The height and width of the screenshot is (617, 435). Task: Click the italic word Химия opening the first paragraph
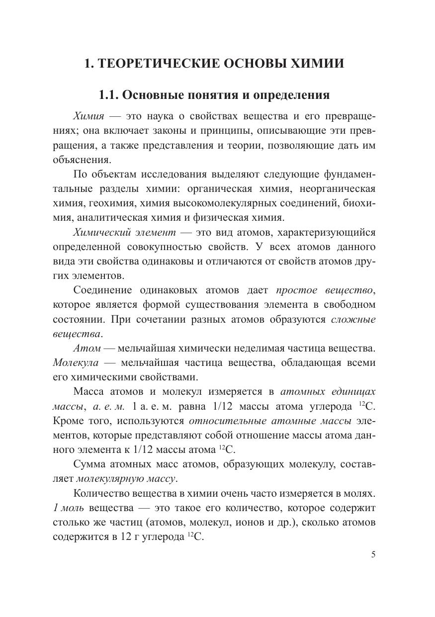[x=88, y=116]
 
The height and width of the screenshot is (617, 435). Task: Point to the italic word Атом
[x=87, y=348]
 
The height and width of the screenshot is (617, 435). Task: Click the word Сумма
[x=90, y=464]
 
